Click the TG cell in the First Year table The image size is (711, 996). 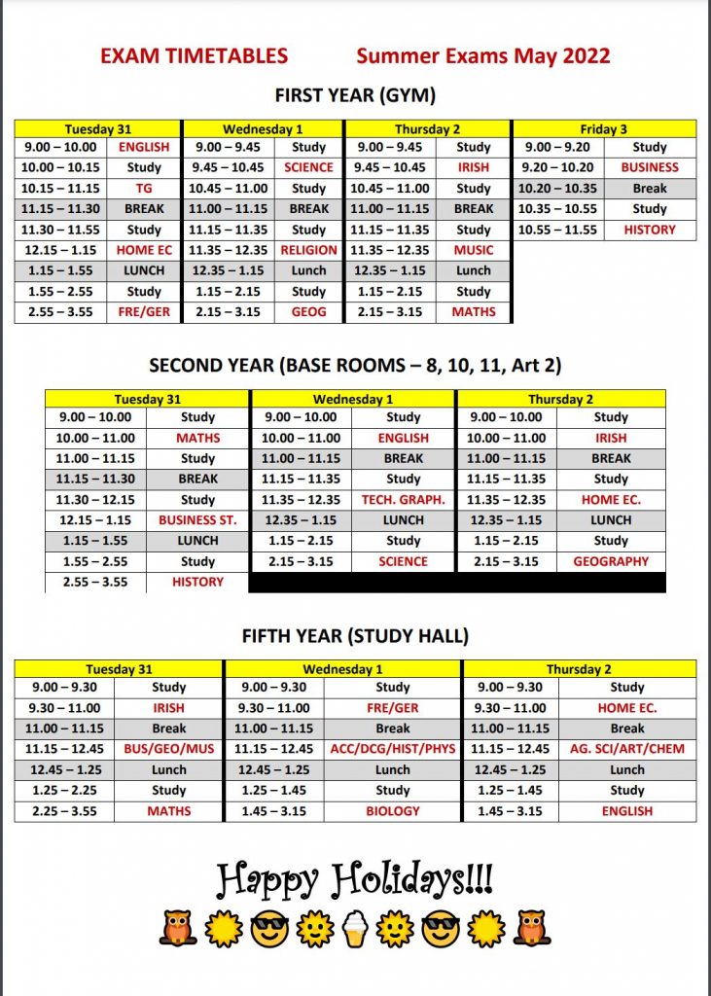(144, 188)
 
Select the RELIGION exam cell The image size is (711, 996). (308, 250)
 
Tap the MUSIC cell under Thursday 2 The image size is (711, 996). (474, 250)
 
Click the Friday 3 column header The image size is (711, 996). (603, 128)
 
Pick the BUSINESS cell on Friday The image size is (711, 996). (649, 167)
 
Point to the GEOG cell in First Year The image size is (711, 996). (308, 312)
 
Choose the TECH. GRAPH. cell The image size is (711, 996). (403, 499)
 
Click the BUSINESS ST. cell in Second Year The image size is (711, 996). (197, 519)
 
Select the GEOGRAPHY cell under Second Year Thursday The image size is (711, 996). (611, 561)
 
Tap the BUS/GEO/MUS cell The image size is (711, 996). (168, 749)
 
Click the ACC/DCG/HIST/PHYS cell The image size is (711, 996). (393, 749)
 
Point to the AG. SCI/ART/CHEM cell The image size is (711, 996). (627, 749)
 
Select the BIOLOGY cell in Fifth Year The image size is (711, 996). (393, 810)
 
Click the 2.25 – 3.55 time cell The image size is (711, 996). (64, 810)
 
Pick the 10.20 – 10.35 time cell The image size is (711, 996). (557, 188)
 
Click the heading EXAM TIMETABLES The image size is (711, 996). (194, 56)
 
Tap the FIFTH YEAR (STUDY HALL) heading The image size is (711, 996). (355, 636)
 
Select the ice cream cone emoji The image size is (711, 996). (355, 929)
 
